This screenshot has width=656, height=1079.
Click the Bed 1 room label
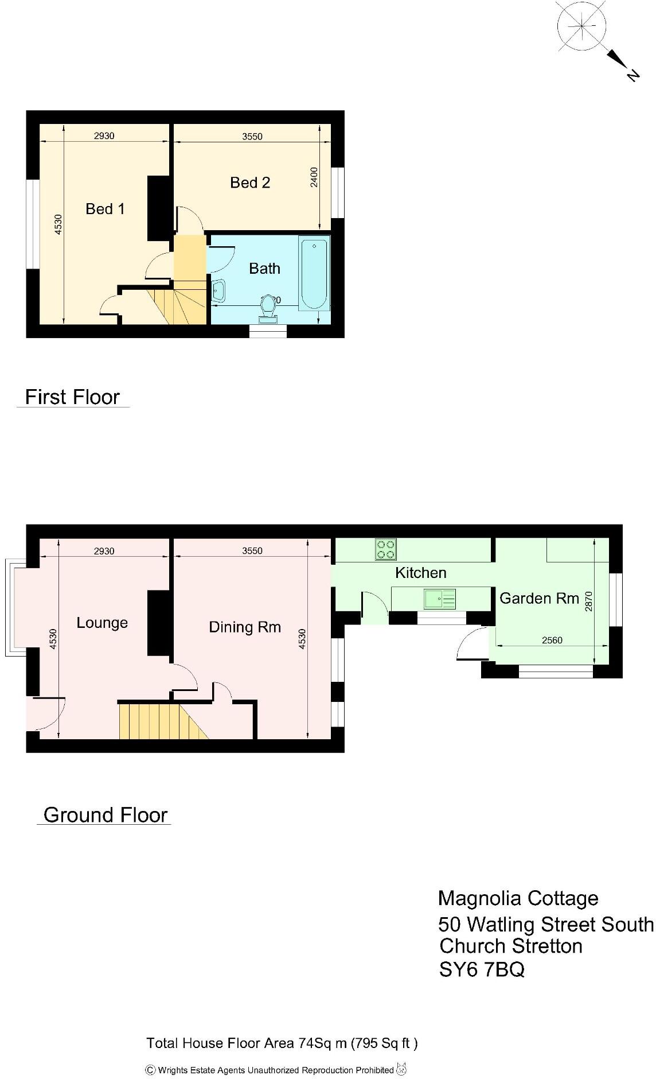pyautogui.click(x=105, y=209)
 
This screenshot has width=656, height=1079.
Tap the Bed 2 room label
pyautogui.click(x=250, y=183)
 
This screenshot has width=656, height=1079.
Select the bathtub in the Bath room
pyautogui.click(x=314, y=274)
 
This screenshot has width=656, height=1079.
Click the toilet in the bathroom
pyautogui.click(x=267, y=308)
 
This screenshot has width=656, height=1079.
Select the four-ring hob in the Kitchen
pyautogui.click(x=385, y=549)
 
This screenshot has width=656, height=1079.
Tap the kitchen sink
pyautogui.click(x=440, y=599)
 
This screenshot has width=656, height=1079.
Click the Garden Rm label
pyautogui.click(x=539, y=599)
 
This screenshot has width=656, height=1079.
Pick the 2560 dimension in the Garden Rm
pyautogui.click(x=552, y=641)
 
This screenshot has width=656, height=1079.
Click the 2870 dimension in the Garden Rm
pyautogui.click(x=588, y=601)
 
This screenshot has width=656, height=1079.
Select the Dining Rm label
pyautogui.click(x=245, y=627)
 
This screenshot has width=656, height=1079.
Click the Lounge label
pyautogui.click(x=102, y=623)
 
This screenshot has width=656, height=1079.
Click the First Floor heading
pyautogui.click(x=72, y=397)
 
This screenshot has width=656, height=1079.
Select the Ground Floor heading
pyautogui.click(x=105, y=815)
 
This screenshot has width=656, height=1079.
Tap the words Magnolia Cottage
pyautogui.click(x=518, y=898)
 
